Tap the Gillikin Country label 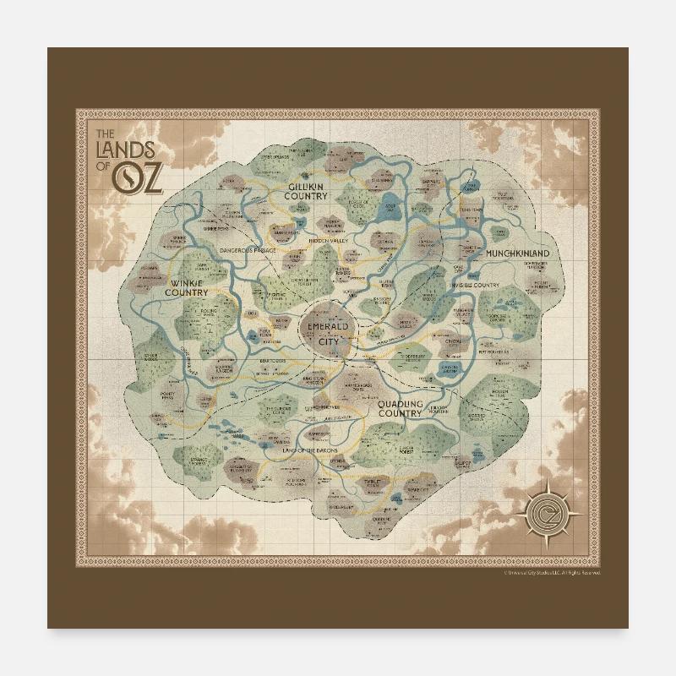(306, 190)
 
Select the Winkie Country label (187, 287)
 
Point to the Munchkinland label (517, 253)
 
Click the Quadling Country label (400, 409)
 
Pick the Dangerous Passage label (248, 251)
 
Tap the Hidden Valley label (328, 241)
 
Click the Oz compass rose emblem (548, 510)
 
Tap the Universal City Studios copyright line (552, 573)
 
